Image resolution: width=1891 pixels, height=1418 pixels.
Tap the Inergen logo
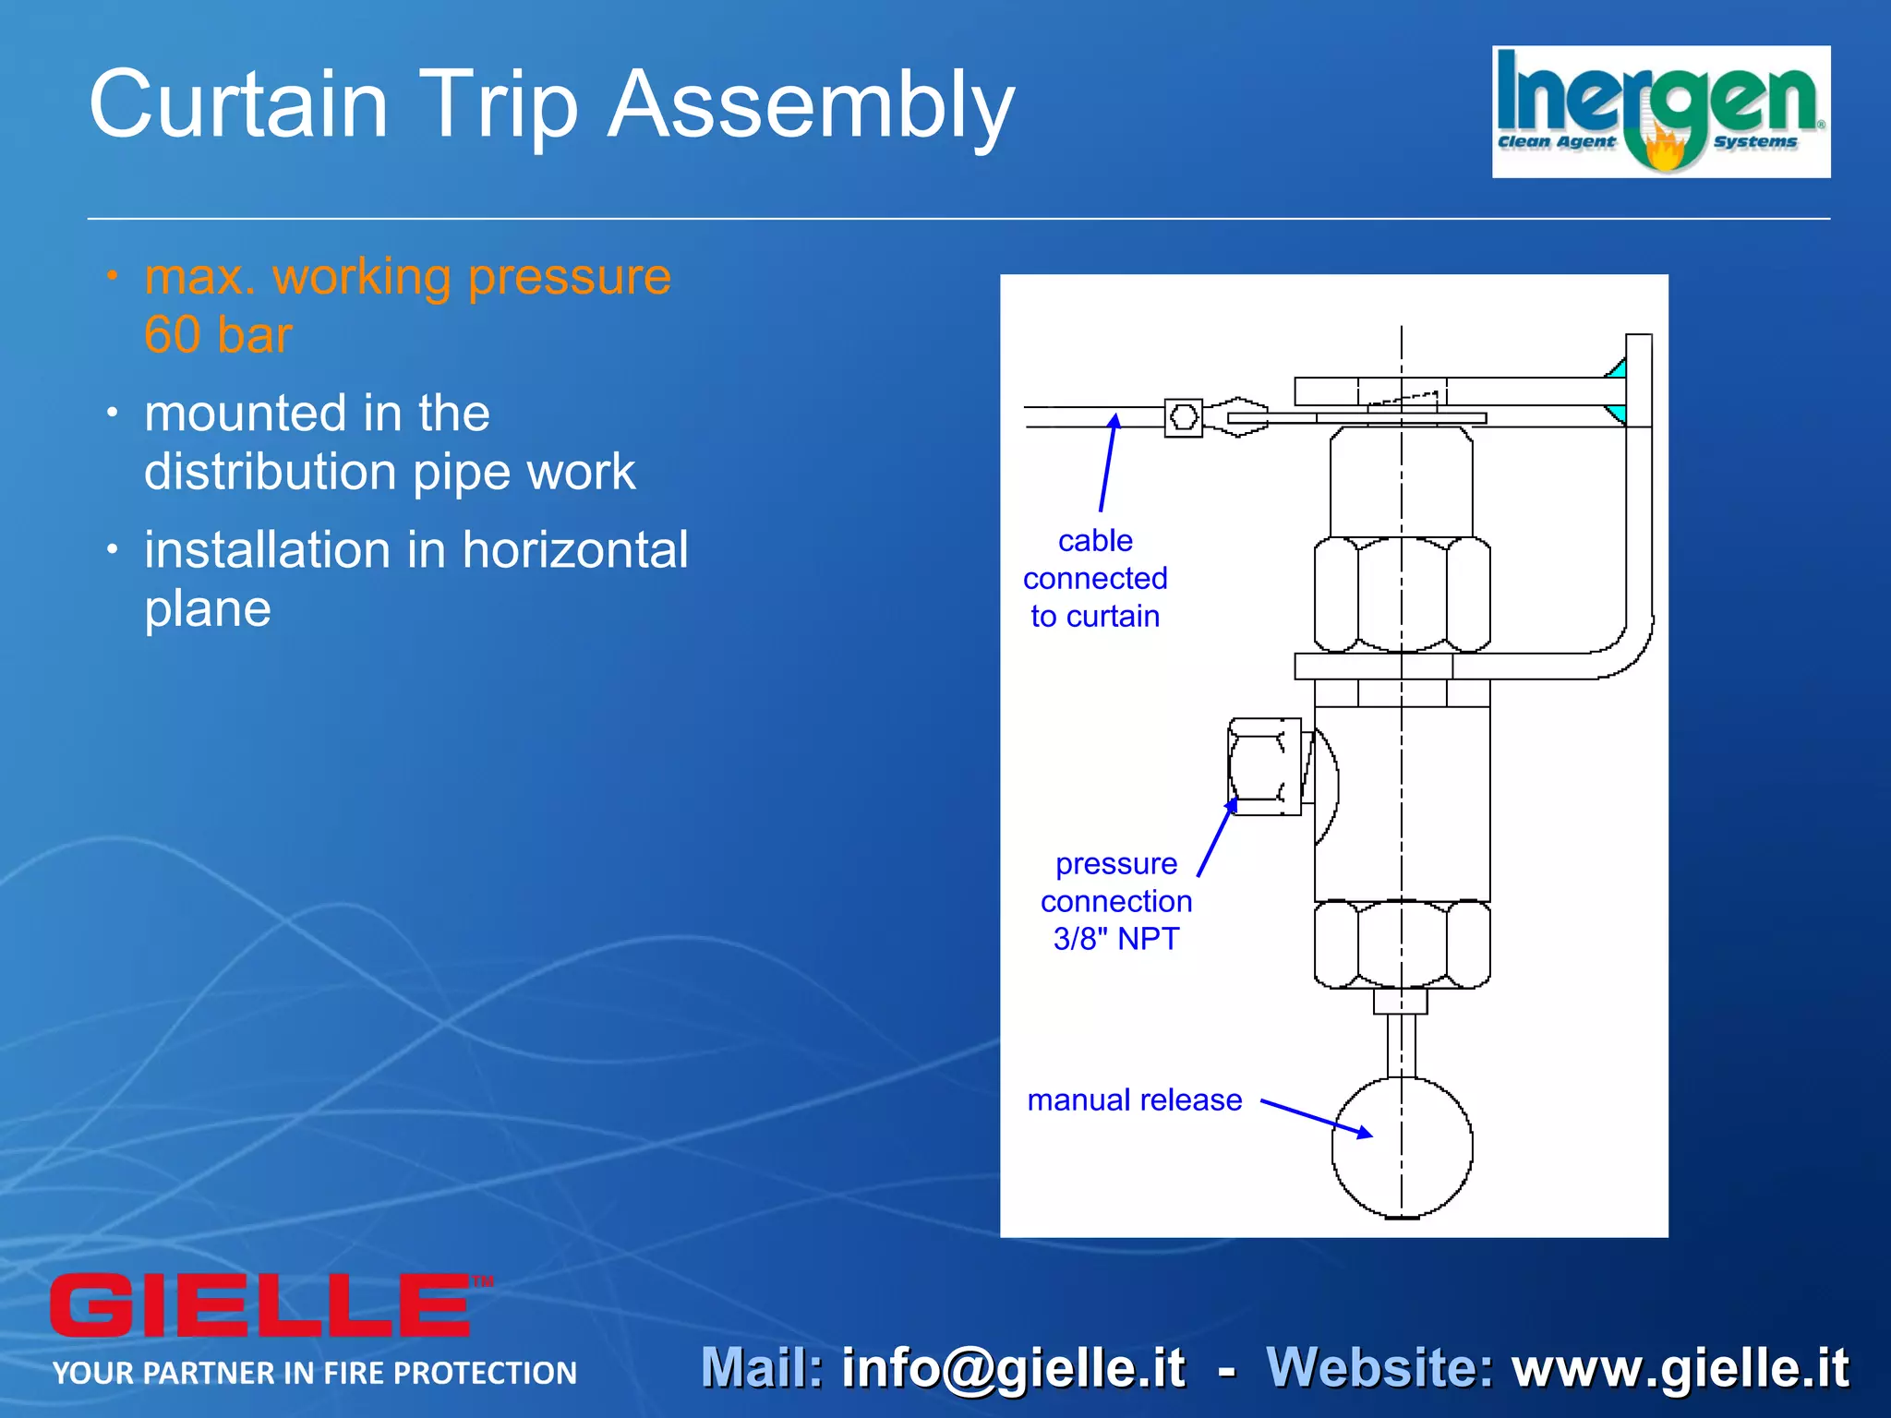click(x=1660, y=112)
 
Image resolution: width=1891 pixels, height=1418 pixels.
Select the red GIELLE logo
click(x=260, y=1304)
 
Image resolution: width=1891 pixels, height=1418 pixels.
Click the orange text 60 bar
click(x=218, y=334)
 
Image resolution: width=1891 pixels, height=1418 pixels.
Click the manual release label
click(x=1134, y=1100)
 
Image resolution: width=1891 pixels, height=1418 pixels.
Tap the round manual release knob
click(x=1402, y=1148)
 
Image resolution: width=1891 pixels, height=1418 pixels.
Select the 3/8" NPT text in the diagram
click(x=1115, y=939)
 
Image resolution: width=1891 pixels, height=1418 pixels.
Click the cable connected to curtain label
click(x=1095, y=578)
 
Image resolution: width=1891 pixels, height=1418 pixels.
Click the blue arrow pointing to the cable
click(x=1107, y=463)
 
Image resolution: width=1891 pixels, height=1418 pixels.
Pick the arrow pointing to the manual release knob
click(x=1315, y=1117)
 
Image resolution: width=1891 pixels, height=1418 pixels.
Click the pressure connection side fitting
click(x=1263, y=767)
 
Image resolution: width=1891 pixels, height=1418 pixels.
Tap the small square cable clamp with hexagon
click(x=1183, y=418)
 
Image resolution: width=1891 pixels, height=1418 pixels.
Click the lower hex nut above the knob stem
click(x=1402, y=944)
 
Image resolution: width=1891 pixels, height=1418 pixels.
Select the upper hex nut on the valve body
click(x=1402, y=595)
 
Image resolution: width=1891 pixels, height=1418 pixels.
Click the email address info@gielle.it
click(x=1013, y=1368)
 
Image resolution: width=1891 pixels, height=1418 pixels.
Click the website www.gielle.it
click(x=1680, y=1368)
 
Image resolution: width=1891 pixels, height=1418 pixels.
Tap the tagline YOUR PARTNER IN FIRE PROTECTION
click(x=315, y=1374)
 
